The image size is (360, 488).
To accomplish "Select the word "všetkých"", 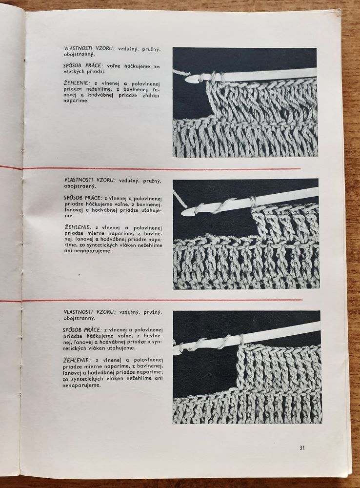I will click(x=75, y=72).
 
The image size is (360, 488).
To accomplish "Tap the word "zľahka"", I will click(x=141, y=95).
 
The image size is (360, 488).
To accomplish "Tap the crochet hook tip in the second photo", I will click(x=186, y=213).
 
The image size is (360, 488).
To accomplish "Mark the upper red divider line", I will click(x=161, y=169).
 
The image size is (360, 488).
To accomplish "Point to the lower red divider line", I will click(x=161, y=300).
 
